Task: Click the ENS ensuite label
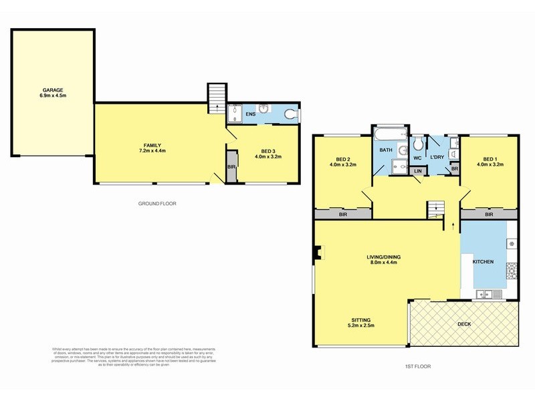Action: [251, 115]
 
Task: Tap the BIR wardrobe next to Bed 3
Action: [231, 166]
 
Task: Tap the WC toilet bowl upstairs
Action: [417, 143]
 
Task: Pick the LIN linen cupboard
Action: [418, 171]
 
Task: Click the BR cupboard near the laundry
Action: [455, 169]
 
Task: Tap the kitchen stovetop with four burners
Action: [512, 269]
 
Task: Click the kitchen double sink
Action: [484, 294]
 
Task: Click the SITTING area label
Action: [361, 323]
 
